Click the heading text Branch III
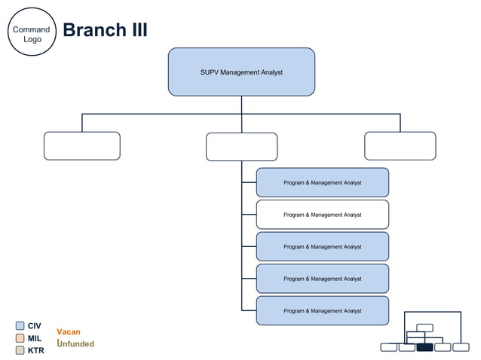coord(105,30)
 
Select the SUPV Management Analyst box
coord(241,72)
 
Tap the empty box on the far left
coord(81,146)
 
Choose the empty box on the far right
coord(400,146)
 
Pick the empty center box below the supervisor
coord(241,147)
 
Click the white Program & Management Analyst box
coord(322,215)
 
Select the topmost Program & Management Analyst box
coord(322,183)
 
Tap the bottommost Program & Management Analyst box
coord(322,310)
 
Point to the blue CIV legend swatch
coord(20,326)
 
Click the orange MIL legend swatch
coord(20,338)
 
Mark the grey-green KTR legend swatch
coord(20,350)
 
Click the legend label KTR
coord(35,350)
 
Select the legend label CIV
coord(35,326)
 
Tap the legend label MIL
coord(35,338)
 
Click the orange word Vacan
coord(69,332)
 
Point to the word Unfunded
coord(76,344)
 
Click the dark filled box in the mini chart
coord(424,347)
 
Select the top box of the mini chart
coord(424,327)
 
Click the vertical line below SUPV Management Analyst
coord(241,105)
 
